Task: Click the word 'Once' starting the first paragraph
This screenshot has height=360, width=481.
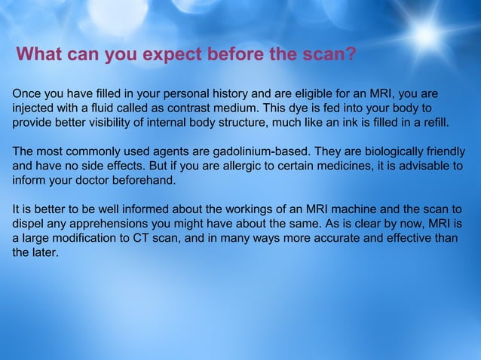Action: pyautogui.click(x=27, y=94)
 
